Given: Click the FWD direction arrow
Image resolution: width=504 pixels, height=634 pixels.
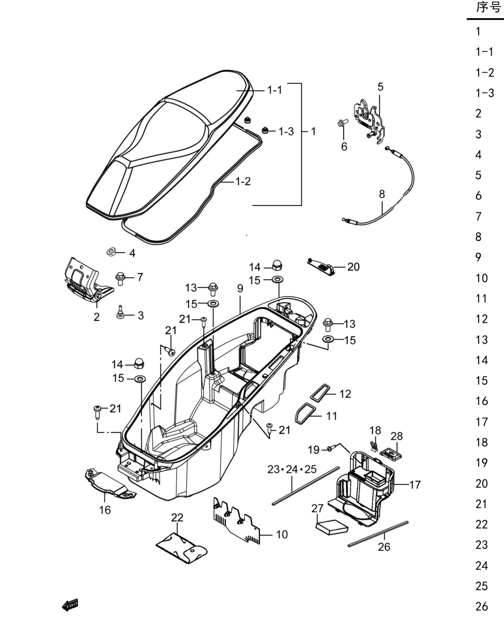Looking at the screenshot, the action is click(70, 605).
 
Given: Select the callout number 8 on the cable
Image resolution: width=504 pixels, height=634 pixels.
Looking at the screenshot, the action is click(382, 194).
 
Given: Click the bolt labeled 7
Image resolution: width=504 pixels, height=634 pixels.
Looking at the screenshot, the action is click(120, 278).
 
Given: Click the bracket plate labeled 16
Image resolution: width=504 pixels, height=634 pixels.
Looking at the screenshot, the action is click(109, 483).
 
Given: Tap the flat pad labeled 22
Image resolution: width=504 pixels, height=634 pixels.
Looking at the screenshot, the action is click(182, 548).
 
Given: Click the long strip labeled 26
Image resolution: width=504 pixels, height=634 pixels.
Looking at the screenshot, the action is click(378, 534).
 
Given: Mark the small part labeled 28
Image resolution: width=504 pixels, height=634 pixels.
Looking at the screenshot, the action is click(391, 453).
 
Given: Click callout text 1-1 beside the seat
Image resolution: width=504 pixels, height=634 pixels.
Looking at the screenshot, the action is click(275, 90).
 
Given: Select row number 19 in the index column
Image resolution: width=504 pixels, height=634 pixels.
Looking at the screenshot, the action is click(481, 462).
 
